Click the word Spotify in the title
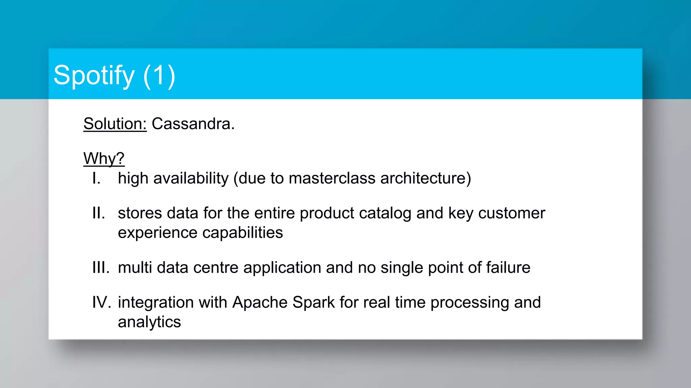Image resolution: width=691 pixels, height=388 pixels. coord(94,76)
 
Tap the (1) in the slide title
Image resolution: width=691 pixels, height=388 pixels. coord(159,76)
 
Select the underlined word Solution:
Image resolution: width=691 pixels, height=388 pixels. coord(115,124)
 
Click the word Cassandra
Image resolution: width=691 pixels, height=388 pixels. coord(193,124)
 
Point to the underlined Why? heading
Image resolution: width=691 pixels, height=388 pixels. coord(104,158)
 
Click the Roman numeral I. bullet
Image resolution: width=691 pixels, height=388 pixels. coord(96,178)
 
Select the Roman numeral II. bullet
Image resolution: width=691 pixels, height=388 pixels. coord(99,213)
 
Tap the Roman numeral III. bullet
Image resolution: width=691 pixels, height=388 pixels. coord(101,268)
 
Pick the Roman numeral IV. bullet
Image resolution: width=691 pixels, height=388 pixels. coord(102,302)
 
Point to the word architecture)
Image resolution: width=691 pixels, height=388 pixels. coord(425,178)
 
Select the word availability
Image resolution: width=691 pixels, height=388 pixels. coord(191,178)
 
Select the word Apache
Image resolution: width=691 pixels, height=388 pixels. coord(260,302)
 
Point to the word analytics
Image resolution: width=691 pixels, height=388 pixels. coord(149,322)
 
